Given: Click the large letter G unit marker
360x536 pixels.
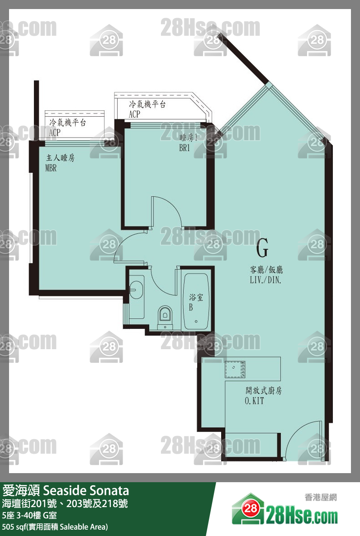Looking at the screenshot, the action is [x=262, y=248].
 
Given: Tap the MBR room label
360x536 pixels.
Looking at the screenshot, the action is [x=51, y=168].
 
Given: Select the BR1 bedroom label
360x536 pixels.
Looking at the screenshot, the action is [x=185, y=148].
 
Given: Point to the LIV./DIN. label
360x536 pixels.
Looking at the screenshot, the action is [x=265, y=280].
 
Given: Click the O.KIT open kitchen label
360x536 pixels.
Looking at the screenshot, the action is [x=254, y=401].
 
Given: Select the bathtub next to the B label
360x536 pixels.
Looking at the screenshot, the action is [x=196, y=301].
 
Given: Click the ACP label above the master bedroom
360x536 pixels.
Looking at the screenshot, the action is [x=55, y=133].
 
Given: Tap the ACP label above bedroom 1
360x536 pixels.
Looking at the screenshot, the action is [x=134, y=114].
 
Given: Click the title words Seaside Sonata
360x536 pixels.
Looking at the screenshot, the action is [x=86, y=490].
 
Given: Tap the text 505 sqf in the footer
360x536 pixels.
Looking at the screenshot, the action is [x=14, y=527].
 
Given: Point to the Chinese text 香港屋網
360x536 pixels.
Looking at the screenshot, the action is [x=321, y=498].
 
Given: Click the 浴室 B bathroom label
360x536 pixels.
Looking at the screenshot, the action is [x=196, y=302].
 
